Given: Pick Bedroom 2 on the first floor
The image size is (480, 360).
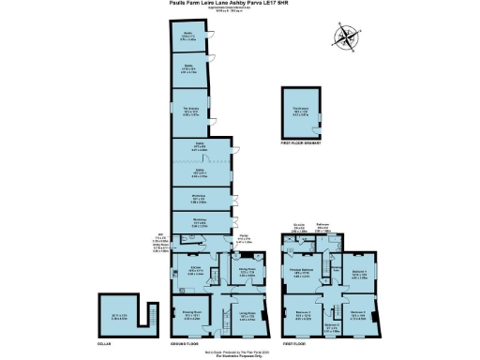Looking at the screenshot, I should [357, 315].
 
